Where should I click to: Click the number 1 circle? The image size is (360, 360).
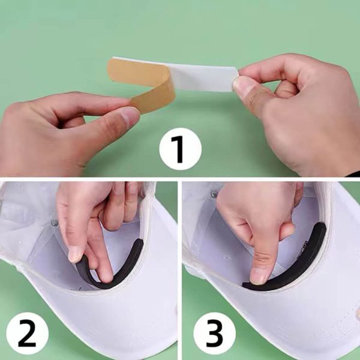[180, 149]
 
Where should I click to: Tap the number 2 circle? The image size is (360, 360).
[28, 333]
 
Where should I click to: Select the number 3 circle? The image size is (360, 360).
[214, 333]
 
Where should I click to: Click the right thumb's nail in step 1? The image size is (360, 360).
[242, 85]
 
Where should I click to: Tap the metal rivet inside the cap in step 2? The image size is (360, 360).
[55, 223]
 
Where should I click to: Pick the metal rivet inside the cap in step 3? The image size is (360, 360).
[214, 194]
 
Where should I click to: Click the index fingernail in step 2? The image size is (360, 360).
[75, 254]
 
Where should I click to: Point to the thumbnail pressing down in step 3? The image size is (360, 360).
[259, 276]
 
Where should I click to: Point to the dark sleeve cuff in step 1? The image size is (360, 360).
[353, 174]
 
